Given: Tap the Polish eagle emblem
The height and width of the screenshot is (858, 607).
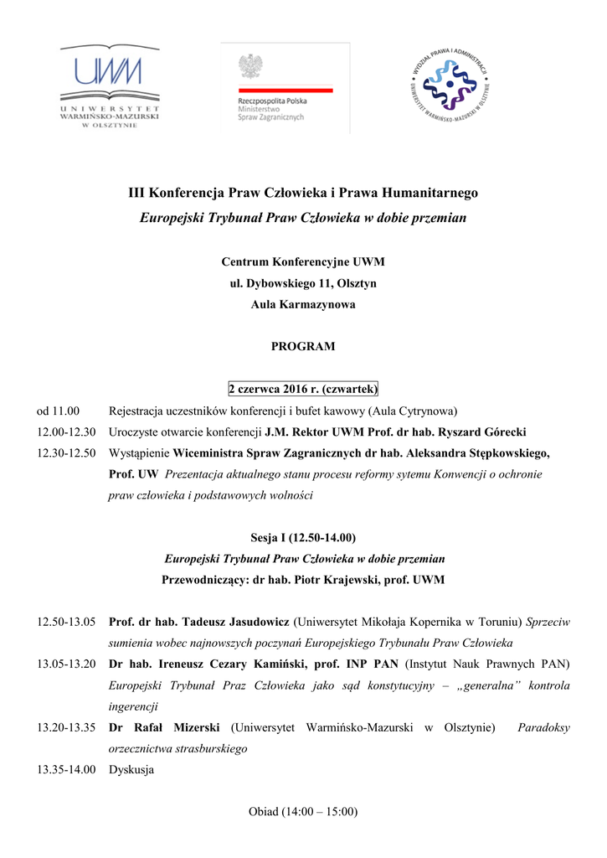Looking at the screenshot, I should tap(249, 66).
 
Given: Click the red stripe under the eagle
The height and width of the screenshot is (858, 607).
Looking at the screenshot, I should tap(285, 90).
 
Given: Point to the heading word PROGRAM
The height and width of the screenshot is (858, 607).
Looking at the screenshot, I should tap(303, 346).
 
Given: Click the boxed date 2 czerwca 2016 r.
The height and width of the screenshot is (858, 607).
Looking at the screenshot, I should tap(303, 390).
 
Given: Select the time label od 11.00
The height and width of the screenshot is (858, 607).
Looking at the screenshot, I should tap(58, 411).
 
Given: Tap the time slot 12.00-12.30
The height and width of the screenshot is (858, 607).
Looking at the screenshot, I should tap(66, 432).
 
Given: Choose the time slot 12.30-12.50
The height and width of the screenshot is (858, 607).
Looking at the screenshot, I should tap(66, 453).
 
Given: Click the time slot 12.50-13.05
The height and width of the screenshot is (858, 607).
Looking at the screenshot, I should tap(66, 623).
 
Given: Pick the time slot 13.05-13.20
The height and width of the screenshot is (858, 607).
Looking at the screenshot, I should tap(66, 664).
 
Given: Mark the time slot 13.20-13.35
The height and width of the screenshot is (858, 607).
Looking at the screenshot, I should tap(66, 727).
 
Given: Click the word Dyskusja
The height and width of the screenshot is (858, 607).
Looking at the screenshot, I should tap(131, 769).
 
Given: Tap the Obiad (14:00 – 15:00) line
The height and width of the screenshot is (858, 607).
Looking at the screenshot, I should tap(303, 811).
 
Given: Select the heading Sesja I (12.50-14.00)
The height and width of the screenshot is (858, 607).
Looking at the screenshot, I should tap(303, 537).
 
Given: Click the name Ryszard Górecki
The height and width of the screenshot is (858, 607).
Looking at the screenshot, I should tap(480, 432).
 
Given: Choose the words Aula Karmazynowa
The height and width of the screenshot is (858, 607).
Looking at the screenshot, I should tap(303, 304).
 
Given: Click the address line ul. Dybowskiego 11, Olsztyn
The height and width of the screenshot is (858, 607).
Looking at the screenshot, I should tap(303, 283).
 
